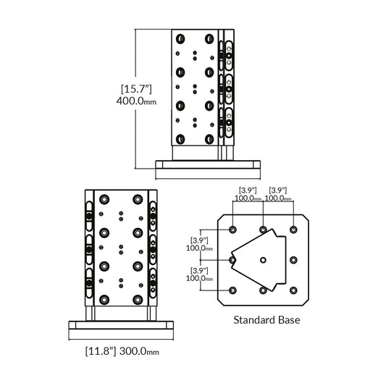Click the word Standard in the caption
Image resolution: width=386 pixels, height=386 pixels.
[x=253, y=319]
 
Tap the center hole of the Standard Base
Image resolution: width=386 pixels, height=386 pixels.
[x=263, y=260]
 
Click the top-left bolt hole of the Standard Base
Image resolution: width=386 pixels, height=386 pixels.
[x=232, y=229]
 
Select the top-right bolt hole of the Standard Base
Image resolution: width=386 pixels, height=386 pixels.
[x=293, y=229]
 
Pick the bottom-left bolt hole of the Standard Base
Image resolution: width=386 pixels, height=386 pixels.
[x=232, y=290]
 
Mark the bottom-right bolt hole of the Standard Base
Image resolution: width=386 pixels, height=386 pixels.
[x=293, y=290]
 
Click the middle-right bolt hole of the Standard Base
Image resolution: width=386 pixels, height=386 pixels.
[x=293, y=260]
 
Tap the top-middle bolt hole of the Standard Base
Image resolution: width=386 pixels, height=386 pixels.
[x=263, y=229]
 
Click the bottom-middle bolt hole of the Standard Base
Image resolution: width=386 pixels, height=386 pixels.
[x=263, y=290]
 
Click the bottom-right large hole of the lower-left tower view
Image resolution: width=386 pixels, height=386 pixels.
[x=135, y=298]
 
